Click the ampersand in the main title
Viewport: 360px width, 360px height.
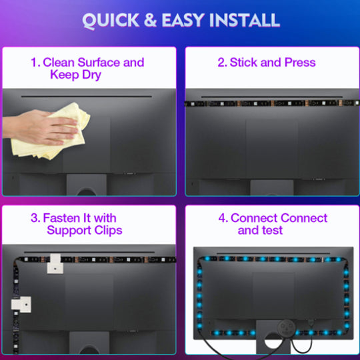tap(150, 20)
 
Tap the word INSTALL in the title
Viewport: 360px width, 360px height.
tap(244, 20)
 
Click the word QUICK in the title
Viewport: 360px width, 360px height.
tap(111, 21)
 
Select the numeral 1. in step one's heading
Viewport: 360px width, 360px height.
tap(35, 63)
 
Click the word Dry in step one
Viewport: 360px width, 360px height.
tap(91, 75)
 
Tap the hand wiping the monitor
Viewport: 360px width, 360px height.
tap(41, 127)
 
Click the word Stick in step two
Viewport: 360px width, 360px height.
tap(243, 62)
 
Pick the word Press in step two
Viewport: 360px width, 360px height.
tap(300, 62)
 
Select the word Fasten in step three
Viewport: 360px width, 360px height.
tap(61, 218)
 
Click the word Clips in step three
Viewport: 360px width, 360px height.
tap(109, 231)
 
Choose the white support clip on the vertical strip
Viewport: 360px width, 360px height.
tap(21, 305)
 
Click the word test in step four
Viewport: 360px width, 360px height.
tap(272, 230)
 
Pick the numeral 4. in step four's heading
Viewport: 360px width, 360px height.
tap(223, 218)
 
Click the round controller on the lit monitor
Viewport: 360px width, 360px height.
tap(286, 327)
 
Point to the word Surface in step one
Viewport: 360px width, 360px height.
tap(99, 63)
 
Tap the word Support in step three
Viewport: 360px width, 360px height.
tap(69, 231)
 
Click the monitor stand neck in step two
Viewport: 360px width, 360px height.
tap(272, 187)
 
